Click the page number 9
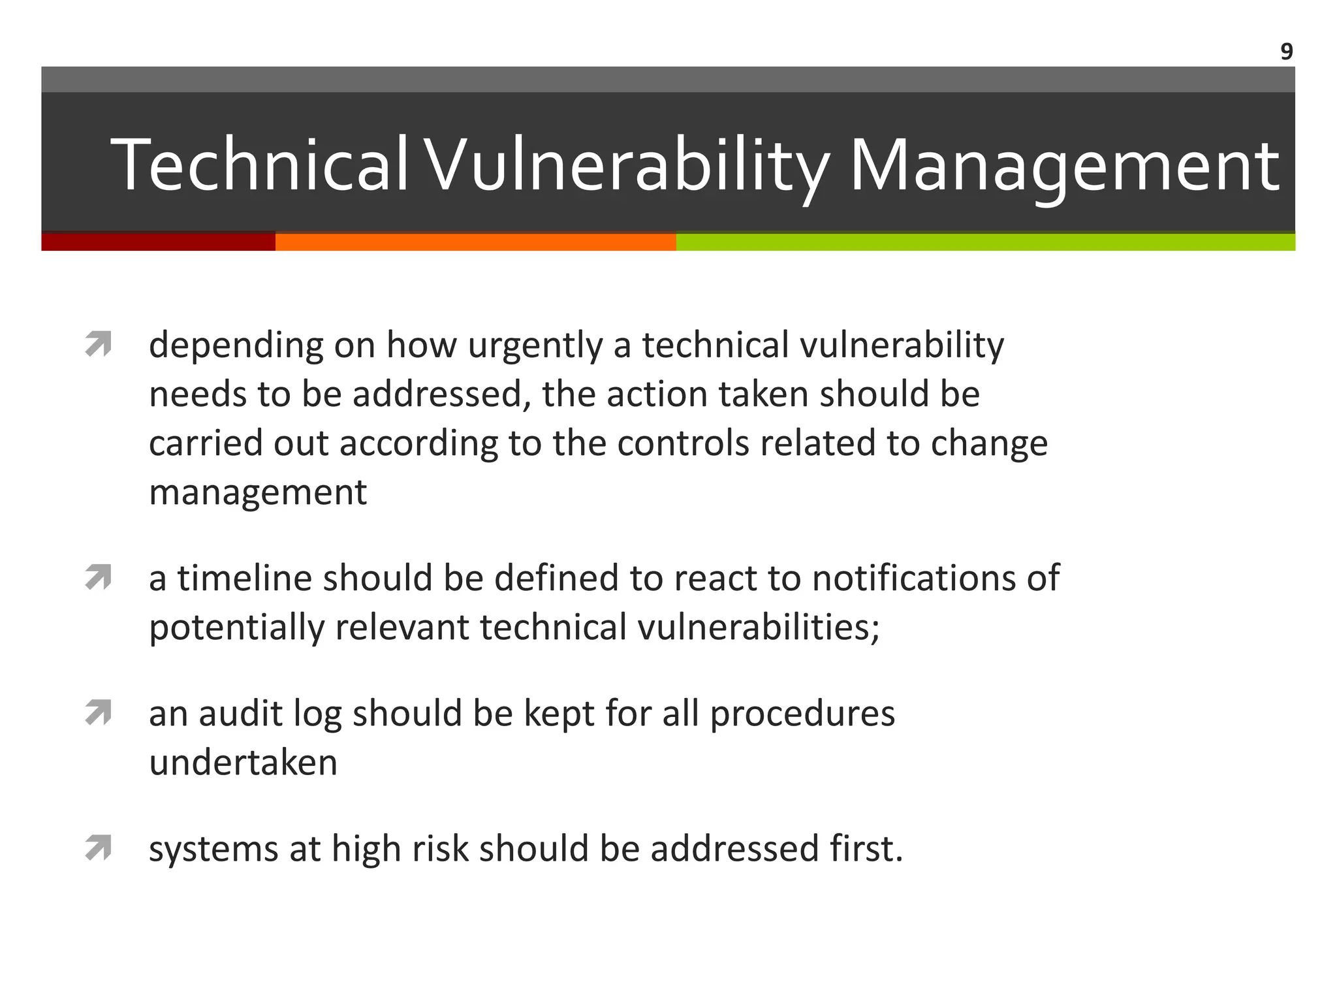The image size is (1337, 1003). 1286,52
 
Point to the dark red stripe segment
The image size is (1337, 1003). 158,242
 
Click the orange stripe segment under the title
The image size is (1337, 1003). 475,242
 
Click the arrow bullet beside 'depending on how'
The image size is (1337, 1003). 98,344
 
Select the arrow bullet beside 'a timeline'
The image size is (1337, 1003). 98,578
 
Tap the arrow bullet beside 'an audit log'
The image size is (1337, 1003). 98,712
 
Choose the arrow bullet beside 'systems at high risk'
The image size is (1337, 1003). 98,848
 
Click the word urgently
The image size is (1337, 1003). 535,346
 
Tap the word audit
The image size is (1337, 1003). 240,713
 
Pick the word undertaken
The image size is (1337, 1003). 243,763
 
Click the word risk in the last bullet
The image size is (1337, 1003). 440,849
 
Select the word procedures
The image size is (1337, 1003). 802,714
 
